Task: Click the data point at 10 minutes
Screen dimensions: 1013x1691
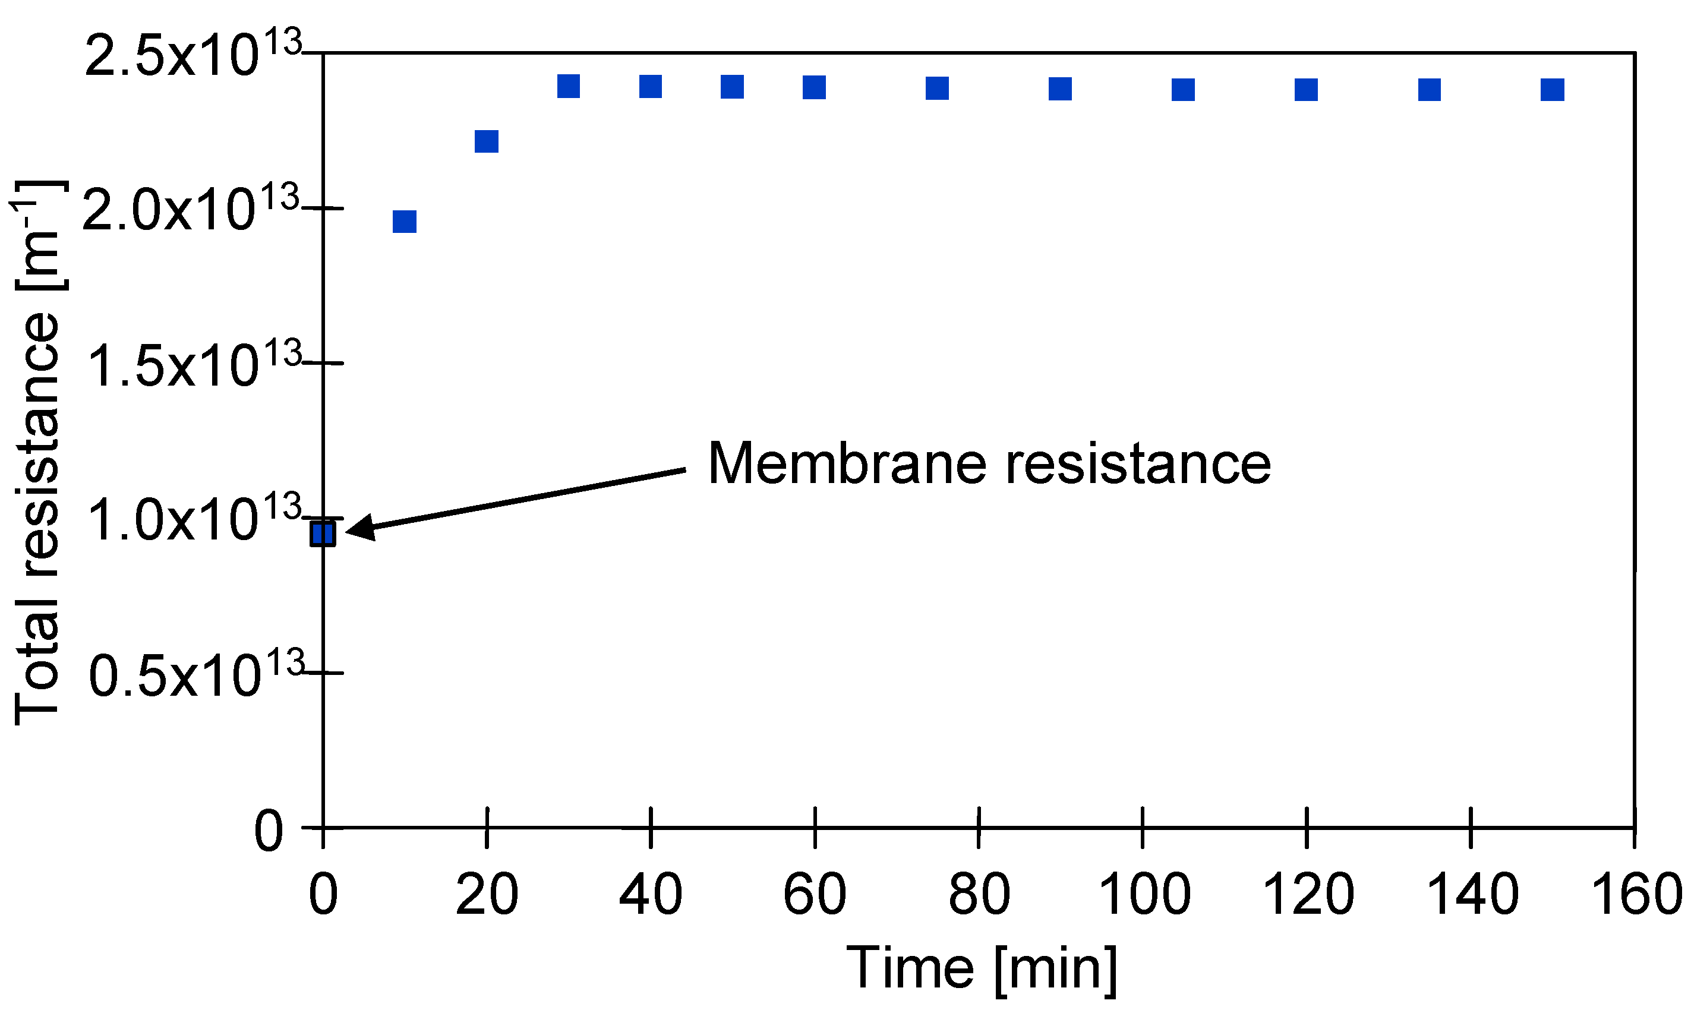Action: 404,221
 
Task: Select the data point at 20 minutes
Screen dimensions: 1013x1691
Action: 486,141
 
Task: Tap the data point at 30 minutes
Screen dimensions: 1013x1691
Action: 568,86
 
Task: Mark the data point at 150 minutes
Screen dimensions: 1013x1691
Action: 1553,90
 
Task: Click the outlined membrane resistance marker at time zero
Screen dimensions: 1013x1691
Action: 322,533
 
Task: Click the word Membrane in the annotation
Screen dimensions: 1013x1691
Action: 847,464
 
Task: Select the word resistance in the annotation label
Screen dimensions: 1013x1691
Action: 1137,464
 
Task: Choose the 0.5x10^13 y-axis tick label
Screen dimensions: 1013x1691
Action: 195,674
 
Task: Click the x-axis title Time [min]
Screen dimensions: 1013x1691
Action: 982,968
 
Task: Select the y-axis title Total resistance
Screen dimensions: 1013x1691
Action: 37,454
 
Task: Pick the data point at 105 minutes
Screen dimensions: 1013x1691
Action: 1183,90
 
